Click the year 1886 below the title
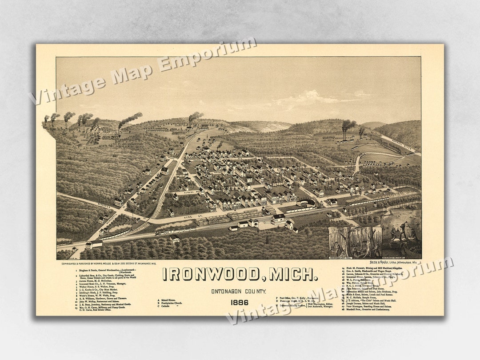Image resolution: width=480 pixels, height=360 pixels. pos(240,303)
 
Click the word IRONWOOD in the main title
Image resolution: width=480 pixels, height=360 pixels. pos(210,274)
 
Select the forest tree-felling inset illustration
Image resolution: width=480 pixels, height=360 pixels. pos(355,242)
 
